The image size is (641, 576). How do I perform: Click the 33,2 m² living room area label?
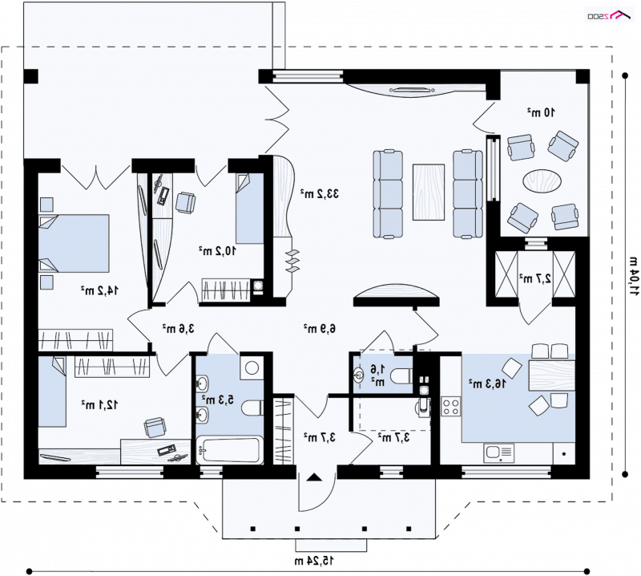[320, 193]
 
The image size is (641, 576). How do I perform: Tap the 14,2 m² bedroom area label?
[99, 290]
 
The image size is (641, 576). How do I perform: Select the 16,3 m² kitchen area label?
[487, 383]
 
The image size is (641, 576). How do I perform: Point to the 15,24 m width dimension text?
[314, 561]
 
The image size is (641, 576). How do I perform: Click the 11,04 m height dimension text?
[633, 277]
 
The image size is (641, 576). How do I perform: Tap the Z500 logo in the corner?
[609, 15]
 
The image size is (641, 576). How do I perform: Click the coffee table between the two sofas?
[429, 192]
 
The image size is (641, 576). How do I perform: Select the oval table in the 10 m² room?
[542, 181]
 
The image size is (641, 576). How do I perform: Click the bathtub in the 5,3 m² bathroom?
[229, 450]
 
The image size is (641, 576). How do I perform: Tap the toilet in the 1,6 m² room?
[401, 375]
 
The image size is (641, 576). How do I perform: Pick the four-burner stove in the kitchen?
[451, 406]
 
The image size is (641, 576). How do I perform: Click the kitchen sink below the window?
[498, 453]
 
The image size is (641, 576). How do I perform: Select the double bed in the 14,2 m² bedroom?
[74, 243]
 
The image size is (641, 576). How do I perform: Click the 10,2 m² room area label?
[217, 250]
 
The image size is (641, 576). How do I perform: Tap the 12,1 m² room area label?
[99, 404]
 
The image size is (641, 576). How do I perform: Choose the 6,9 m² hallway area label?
[319, 328]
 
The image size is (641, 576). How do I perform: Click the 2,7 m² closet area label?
[535, 278]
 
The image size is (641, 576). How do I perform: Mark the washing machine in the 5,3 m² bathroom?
[252, 367]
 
